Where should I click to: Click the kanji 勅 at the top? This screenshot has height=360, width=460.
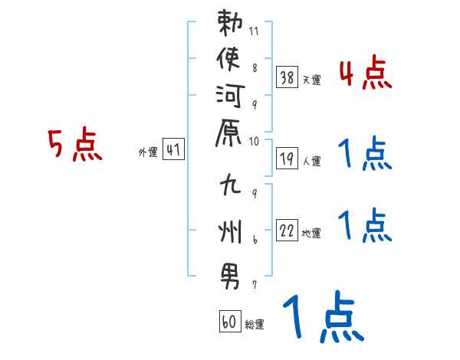click(230, 23)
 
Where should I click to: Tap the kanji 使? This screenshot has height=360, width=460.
click(228, 59)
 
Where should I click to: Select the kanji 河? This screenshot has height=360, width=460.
click(230, 96)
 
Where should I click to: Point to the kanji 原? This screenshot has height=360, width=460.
click(228, 133)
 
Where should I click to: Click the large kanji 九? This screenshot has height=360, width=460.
click(231, 184)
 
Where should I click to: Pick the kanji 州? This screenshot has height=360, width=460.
click(230, 231)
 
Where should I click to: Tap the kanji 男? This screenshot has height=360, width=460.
click(230, 277)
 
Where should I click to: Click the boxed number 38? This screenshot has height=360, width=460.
click(287, 77)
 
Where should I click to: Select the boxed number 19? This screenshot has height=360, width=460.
click(287, 159)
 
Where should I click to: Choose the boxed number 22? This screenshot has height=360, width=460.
click(287, 230)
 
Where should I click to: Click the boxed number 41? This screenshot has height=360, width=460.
click(173, 149)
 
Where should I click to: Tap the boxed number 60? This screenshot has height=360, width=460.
click(230, 321)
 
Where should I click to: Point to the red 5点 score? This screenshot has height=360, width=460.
click(75, 144)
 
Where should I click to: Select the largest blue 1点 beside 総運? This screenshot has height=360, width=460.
click(324, 316)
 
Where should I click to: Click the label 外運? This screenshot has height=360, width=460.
click(148, 152)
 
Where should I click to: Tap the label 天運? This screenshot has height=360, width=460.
click(312, 80)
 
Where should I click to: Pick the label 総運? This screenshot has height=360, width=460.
click(255, 324)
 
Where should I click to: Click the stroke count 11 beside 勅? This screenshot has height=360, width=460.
click(254, 31)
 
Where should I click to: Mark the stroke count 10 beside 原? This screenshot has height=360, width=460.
click(254, 142)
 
